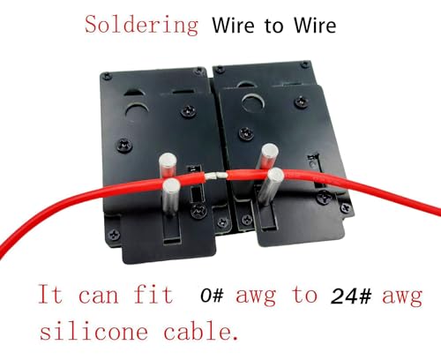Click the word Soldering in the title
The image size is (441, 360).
(x=141, y=25)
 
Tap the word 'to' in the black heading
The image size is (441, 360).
(x=274, y=26)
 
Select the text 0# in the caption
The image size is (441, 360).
(x=212, y=296)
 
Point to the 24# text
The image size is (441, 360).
(x=351, y=296)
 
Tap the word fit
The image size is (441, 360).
(x=153, y=293)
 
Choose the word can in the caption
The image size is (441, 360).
(x=99, y=296)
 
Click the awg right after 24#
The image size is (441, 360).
(x=402, y=297)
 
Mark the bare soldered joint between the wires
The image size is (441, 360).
(x=216, y=176)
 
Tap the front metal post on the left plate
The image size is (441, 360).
(x=171, y=196)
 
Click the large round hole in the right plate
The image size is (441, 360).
(x=252, y=102)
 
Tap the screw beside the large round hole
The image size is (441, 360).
(x=302, y=102)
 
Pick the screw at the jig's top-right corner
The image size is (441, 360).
(x=306, y=64)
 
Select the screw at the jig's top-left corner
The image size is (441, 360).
(x=108, y=76)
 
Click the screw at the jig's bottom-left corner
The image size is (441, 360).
(x=114, y=235)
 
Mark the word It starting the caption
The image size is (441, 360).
(x=50, y=293)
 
